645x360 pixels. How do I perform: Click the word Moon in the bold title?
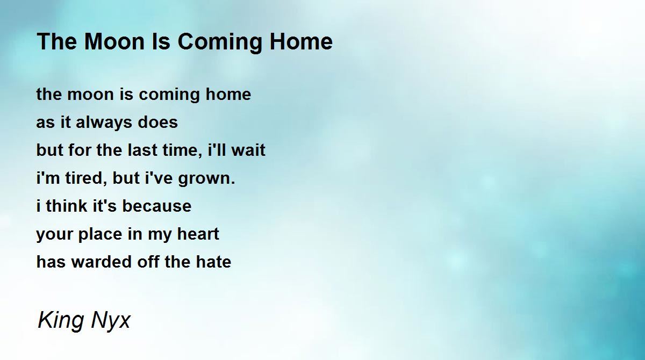[x=114, y=41]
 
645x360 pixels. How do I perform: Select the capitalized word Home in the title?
[x=301, y=41]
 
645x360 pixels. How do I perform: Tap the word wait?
[x=248, y=150]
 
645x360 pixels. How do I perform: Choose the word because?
[x=156, y=206]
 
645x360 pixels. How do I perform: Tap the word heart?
[x=198, y=234]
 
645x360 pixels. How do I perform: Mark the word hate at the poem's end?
[x=213, y=262]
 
